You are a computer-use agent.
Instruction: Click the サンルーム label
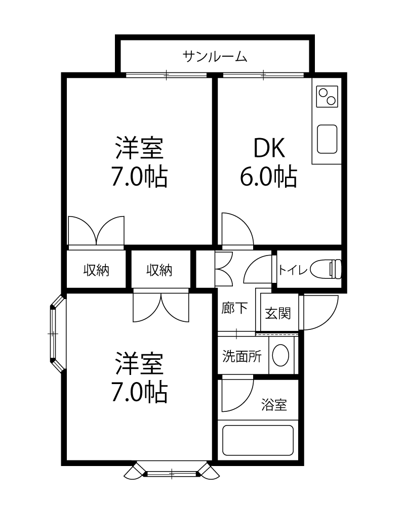[x=215, y=57]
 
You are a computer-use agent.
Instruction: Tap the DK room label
[x=269, y=148]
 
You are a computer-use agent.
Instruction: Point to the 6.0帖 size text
[x=268, y=177]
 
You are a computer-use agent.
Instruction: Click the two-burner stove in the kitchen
[x=327, y=96]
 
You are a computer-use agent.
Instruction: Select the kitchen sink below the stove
[x=327, y=139]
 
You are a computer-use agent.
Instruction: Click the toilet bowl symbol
[x=326, y=269]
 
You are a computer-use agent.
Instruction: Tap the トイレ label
[x=293, y=270]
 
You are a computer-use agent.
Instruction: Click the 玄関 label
[x=278, y=313]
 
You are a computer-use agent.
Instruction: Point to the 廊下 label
[x=234, y=308]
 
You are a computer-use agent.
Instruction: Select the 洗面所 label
[x=241, y=356]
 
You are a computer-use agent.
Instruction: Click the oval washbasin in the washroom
[x=280, y=355]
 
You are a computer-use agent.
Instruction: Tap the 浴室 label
[x=274, y=405]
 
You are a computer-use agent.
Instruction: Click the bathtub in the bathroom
[x=258, y=441]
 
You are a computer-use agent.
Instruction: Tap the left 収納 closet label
[x=96, y=270]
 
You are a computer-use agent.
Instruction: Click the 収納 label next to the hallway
[x=159, y=270]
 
